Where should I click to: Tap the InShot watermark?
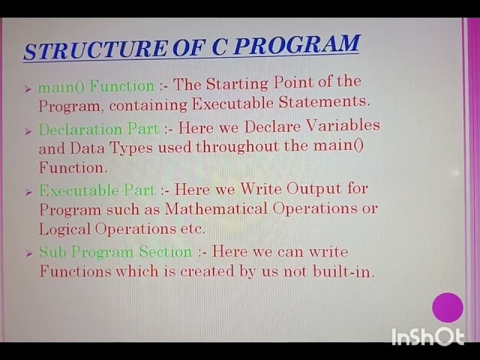click(x=427, y=337)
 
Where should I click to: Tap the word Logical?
click(x=65, y=229)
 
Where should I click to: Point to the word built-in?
click(x=349, y=271)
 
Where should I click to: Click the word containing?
click(x=145, y=104)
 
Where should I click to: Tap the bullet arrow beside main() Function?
click(x=28, y=88)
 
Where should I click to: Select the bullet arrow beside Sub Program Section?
click(x=28, y=254)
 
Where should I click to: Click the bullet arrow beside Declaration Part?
click(x=28, y=131)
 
